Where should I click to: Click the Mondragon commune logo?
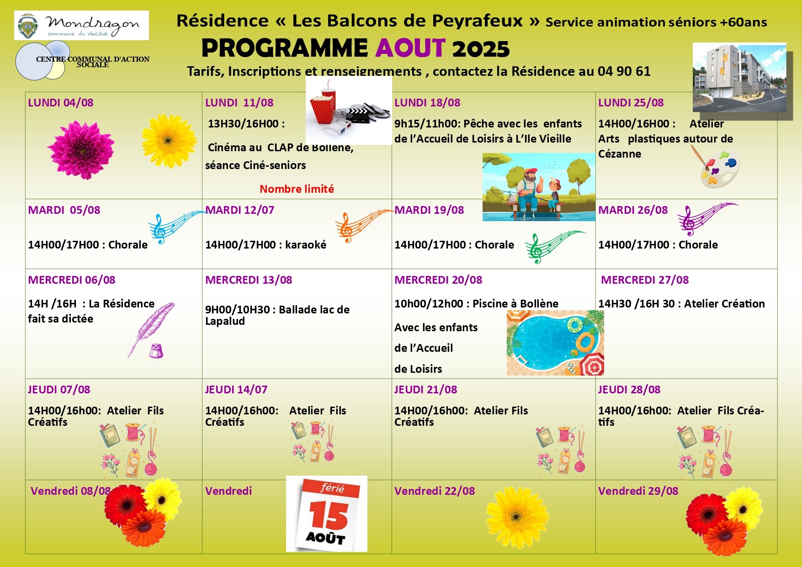pos(81,26)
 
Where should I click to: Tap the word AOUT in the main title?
pos(410,48)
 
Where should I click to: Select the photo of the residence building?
pos(739,78)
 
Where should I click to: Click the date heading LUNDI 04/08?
pos(60,103)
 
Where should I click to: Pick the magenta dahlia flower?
pos(81,149)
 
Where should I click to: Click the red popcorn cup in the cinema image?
pos(323,107)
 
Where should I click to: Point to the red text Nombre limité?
pos(297,189)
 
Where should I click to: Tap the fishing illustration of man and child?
pos(538,187)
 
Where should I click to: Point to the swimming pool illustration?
pos(555,343)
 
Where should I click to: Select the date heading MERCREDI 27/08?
pos(644,280)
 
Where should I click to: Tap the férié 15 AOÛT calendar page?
pos(327,514)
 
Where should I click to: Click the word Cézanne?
pos(619,154)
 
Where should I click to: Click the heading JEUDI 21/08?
pos(425,390)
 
